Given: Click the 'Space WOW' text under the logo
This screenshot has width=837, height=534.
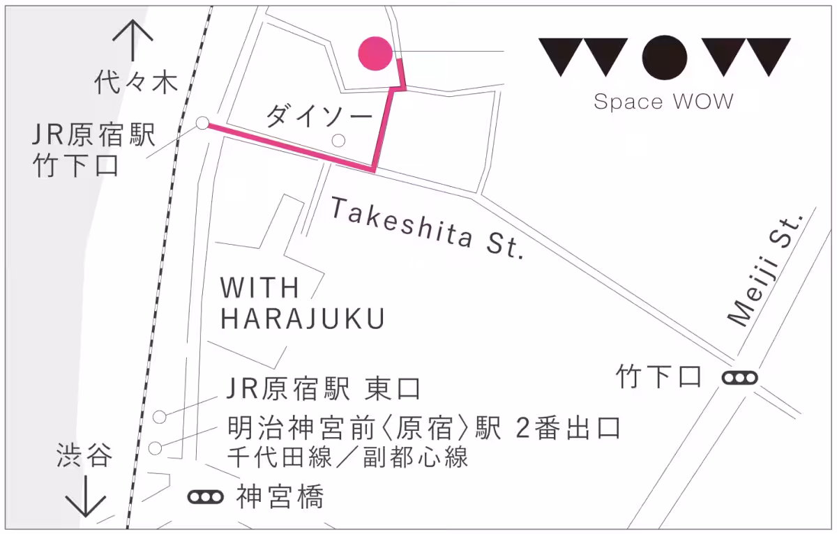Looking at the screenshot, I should tap(663, 102).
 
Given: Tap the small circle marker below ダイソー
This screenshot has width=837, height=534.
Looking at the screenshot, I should tap(338, 141).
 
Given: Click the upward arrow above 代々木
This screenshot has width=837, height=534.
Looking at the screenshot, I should tap(133, 40).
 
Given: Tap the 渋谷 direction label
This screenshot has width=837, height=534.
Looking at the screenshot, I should tap(84, 457).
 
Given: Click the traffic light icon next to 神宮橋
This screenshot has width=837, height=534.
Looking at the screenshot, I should tap(206, 497).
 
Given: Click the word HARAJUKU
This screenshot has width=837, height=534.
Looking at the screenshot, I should tap(303, 319).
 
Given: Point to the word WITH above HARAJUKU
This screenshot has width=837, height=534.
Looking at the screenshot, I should tap(260, 287).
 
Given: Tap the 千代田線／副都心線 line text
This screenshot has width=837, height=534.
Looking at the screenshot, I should tap(347, 457).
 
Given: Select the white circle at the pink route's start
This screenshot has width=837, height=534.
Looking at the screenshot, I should tap(202, 123).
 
